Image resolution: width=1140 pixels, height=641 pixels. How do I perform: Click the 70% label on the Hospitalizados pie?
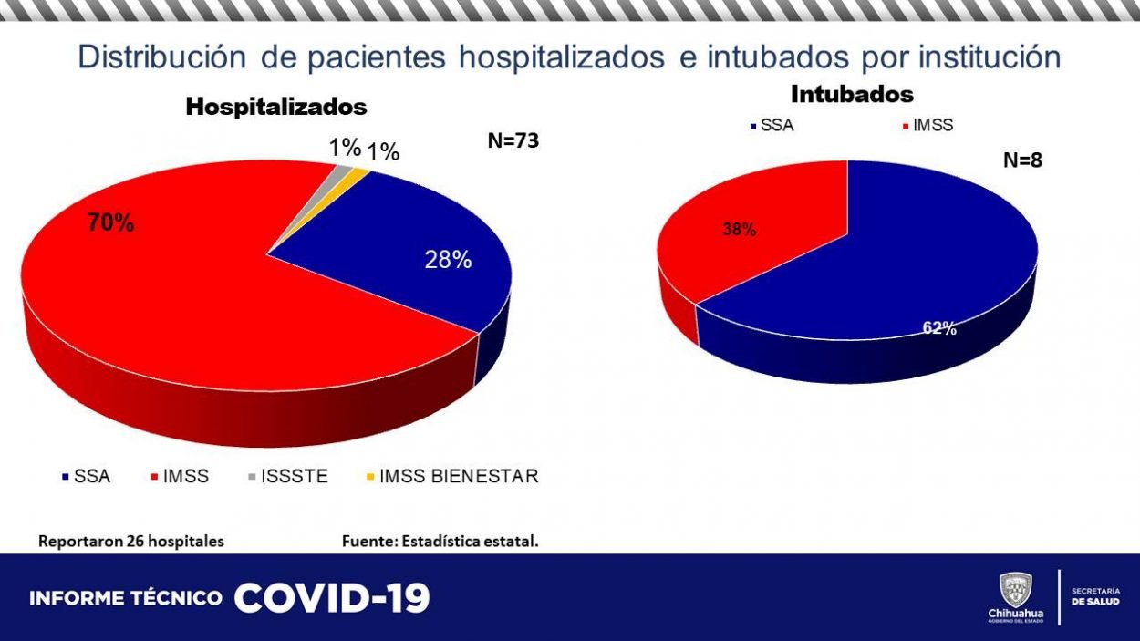tap(111, 222)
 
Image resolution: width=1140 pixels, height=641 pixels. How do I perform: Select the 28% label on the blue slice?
tap(448, 260)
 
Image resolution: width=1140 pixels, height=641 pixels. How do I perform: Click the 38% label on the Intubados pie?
tap(739, 231)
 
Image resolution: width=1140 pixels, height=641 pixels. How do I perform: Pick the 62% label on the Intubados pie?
tap(938, 328)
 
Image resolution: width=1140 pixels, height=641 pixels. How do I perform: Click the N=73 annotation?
tap(514, 140)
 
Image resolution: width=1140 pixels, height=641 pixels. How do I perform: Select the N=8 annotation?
tap(1022, 160)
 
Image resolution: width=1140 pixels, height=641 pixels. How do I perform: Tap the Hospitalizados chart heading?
tap(275, 107)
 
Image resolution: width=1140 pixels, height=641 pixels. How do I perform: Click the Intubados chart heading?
tap(852, 94)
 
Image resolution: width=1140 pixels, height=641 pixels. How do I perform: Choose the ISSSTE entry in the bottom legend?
tap(291, 476)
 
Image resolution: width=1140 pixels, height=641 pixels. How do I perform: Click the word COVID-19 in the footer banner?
tap(332, 598)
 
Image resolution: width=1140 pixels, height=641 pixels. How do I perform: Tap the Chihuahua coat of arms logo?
tap(1015, 590)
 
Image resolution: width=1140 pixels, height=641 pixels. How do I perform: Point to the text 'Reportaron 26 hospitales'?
tap(130, 541)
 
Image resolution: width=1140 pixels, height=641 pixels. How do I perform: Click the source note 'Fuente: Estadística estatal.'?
tap(440, 541)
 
